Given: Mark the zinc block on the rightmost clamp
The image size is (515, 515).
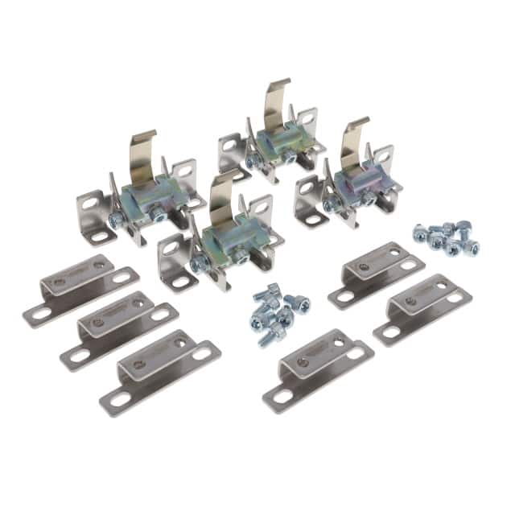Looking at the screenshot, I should [357, 184].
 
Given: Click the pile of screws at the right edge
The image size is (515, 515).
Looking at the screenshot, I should [445, 238].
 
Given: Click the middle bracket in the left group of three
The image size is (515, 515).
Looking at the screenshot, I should [119, 326].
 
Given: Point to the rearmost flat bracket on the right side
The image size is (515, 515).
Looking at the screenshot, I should [377, 274].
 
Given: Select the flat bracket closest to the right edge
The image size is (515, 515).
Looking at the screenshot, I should [419, 308].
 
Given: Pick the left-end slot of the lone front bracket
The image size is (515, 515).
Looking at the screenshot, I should [282, 396].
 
